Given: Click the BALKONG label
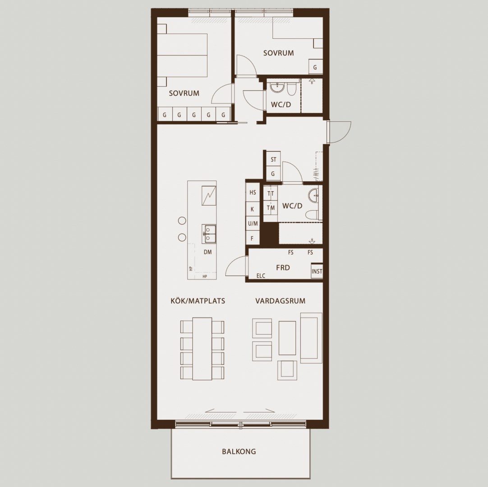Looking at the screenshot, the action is tap(239, 451).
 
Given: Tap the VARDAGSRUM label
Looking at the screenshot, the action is tap(280, 301).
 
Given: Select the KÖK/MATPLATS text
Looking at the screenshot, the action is tap(198, 301).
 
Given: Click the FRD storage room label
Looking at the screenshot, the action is tap(283, 267).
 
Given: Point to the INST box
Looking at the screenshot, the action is tap(317, 271).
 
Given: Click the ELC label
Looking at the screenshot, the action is tap(261, 276).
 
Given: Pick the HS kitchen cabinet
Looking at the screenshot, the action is tap(253, 193).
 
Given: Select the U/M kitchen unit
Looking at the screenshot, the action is tap(253, 223).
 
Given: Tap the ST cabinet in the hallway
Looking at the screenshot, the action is tap(273, 160).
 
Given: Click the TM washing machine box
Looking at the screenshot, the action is tap(271, 208).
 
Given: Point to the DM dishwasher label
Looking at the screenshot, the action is tap(207, 252).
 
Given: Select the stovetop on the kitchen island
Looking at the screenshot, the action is tap(209, 196).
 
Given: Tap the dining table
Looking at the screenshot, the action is tap(203, 349).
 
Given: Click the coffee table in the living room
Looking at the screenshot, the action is tap(287, 338).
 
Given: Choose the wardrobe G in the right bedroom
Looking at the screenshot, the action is tap(315, 67).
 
